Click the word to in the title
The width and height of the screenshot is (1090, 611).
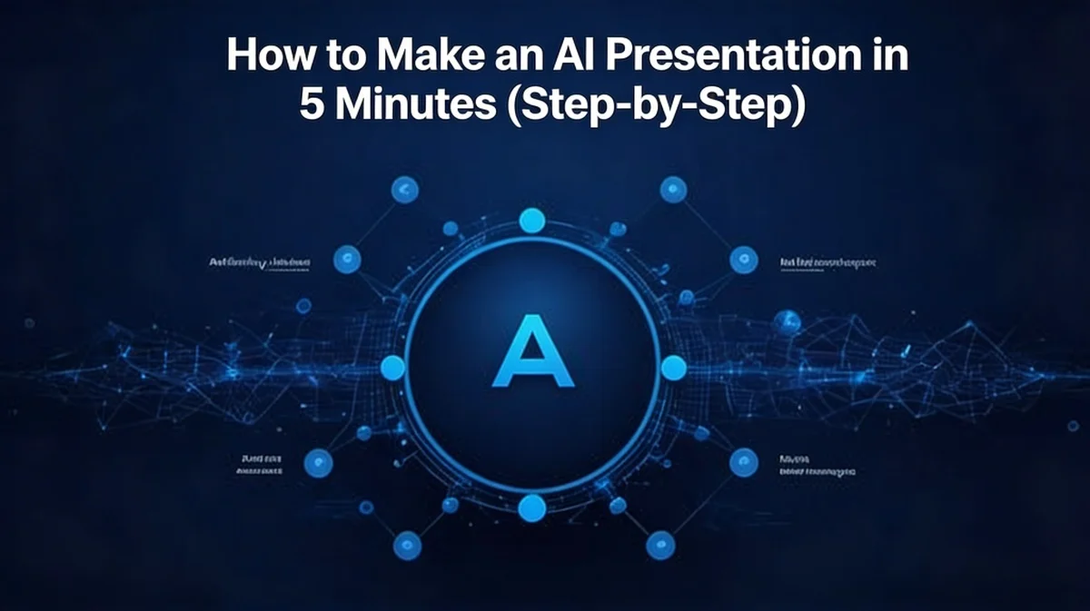coord(330,56)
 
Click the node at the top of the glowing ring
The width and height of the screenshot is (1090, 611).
coord(531,220)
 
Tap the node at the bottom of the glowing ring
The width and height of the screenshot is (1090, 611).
coord(532,507)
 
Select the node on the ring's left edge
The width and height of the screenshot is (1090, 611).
coord(392,368)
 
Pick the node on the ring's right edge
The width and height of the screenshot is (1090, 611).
coord(673,368)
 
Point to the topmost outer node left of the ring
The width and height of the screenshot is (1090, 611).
coord(404,190)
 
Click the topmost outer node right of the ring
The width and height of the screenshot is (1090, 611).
coord(673,189)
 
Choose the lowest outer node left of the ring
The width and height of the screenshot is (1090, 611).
coord(407,546)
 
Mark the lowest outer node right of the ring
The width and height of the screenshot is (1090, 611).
coord(660,545)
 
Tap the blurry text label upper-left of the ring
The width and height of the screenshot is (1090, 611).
coord(260,262)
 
